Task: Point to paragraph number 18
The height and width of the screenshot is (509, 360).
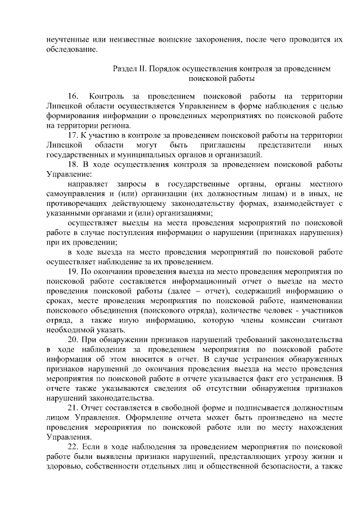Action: [73, 164]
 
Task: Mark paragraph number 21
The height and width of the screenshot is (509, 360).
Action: [73, 407]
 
